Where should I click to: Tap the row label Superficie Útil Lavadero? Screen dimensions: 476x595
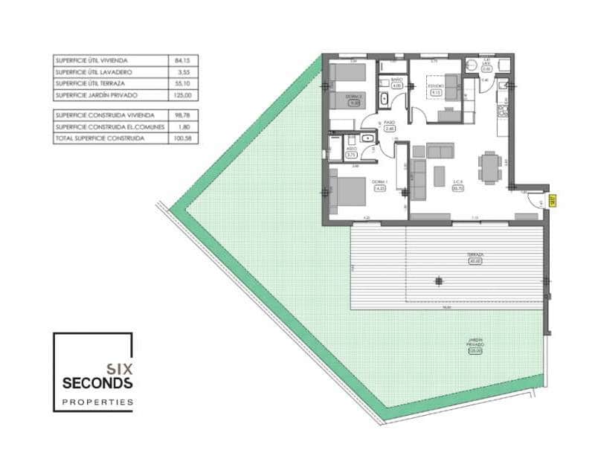click(x=94, y=72)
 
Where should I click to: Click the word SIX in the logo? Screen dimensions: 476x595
click(x=119, y=367)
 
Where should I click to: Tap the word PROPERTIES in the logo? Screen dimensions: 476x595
click(x=97, y=402)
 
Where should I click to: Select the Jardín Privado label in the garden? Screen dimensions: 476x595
click(x=476, y=344)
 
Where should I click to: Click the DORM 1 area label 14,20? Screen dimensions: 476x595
click(x=379, y=189)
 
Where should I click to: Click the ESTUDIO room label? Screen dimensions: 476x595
click(x=436, y=86)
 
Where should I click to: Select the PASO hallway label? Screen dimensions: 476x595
click(x=388, y=123)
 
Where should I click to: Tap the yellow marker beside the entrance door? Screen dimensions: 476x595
click(x=553, y=199)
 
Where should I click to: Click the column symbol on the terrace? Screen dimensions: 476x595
click(x=439, y=280)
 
